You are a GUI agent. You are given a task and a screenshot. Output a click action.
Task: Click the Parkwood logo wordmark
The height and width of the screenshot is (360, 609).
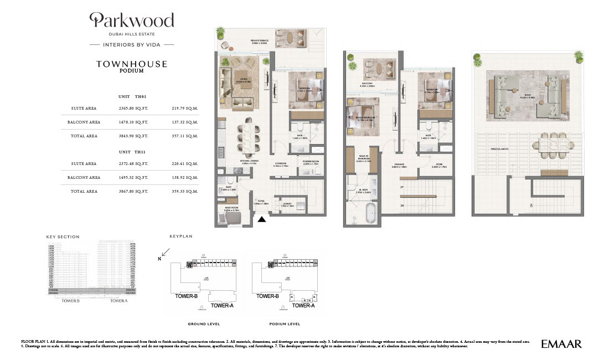pyautogui.click(x=132, y=21)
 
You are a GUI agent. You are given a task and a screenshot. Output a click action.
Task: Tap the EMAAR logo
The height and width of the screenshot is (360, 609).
pyautogui.click(x=561, y=344)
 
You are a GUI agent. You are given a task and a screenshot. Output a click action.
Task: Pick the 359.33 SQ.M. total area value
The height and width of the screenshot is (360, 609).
pyautogui.click(x=185, y=191)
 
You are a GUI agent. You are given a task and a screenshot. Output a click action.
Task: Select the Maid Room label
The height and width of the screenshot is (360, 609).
pyautogui.click(x=231, y=210)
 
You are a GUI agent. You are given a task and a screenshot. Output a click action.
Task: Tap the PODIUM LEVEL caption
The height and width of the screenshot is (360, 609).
pyautogui.click(x=285, y=324)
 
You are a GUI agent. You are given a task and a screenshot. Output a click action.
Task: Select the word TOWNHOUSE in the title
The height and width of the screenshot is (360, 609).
pyautogui.click(x=132, y=64)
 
